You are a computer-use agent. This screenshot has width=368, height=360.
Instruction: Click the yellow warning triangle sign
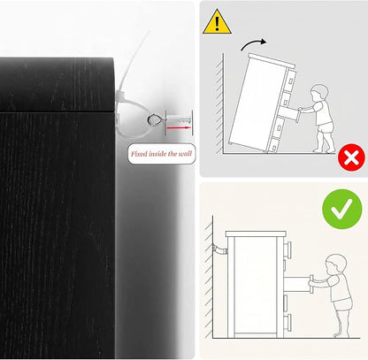[217, 22]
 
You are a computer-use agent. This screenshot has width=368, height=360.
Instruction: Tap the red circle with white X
[351, 157]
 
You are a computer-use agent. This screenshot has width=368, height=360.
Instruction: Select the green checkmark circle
[342, 209]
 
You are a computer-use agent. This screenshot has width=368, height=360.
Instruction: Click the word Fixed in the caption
[139, 154]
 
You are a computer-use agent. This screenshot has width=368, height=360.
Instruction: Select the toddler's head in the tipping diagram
[319, 93]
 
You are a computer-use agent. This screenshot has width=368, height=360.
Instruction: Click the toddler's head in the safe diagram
[335, 264]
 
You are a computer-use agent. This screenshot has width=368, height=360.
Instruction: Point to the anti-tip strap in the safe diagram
[219, 250]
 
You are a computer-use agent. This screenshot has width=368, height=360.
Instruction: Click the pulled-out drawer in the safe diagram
[296, 285]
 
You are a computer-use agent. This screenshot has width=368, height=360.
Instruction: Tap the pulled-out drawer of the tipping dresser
[289, 113]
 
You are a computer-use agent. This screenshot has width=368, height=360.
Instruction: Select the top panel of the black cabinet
[57, 85]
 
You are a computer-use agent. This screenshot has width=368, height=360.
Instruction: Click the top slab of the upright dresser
[256, 234]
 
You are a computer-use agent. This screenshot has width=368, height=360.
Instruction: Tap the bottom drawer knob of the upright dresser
[288, 321]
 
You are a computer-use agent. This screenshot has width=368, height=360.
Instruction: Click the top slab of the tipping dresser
[272, 59]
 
